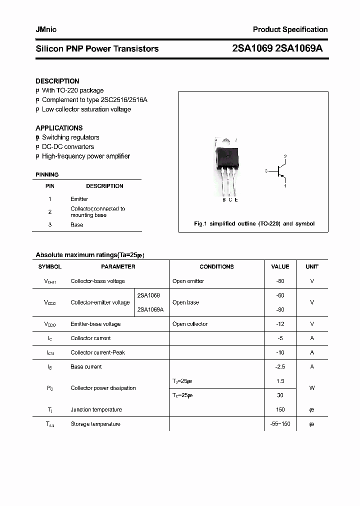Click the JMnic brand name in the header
click(x=46, y=29)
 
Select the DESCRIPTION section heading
click(x=57, y=81)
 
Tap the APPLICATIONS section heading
click(x=59, y=128)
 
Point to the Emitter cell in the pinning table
click(x=79, y=199)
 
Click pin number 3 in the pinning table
click(x=50, y=225)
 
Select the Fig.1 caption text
click(x=254, y=223)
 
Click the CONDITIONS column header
click(x=216, y=267)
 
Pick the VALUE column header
click(x=280, y=267)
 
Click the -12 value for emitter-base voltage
click(x=280, y=324)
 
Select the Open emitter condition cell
click(x=188, y=281)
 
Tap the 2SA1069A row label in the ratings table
click(x=150, y=309)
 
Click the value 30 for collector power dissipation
click(x=280, y=395)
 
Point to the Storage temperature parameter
click(x=95, y=424)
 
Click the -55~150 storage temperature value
click(x=280, y=424)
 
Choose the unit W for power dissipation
click(x=312, y=388)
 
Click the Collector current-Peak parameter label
click(x=97, y=352)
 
